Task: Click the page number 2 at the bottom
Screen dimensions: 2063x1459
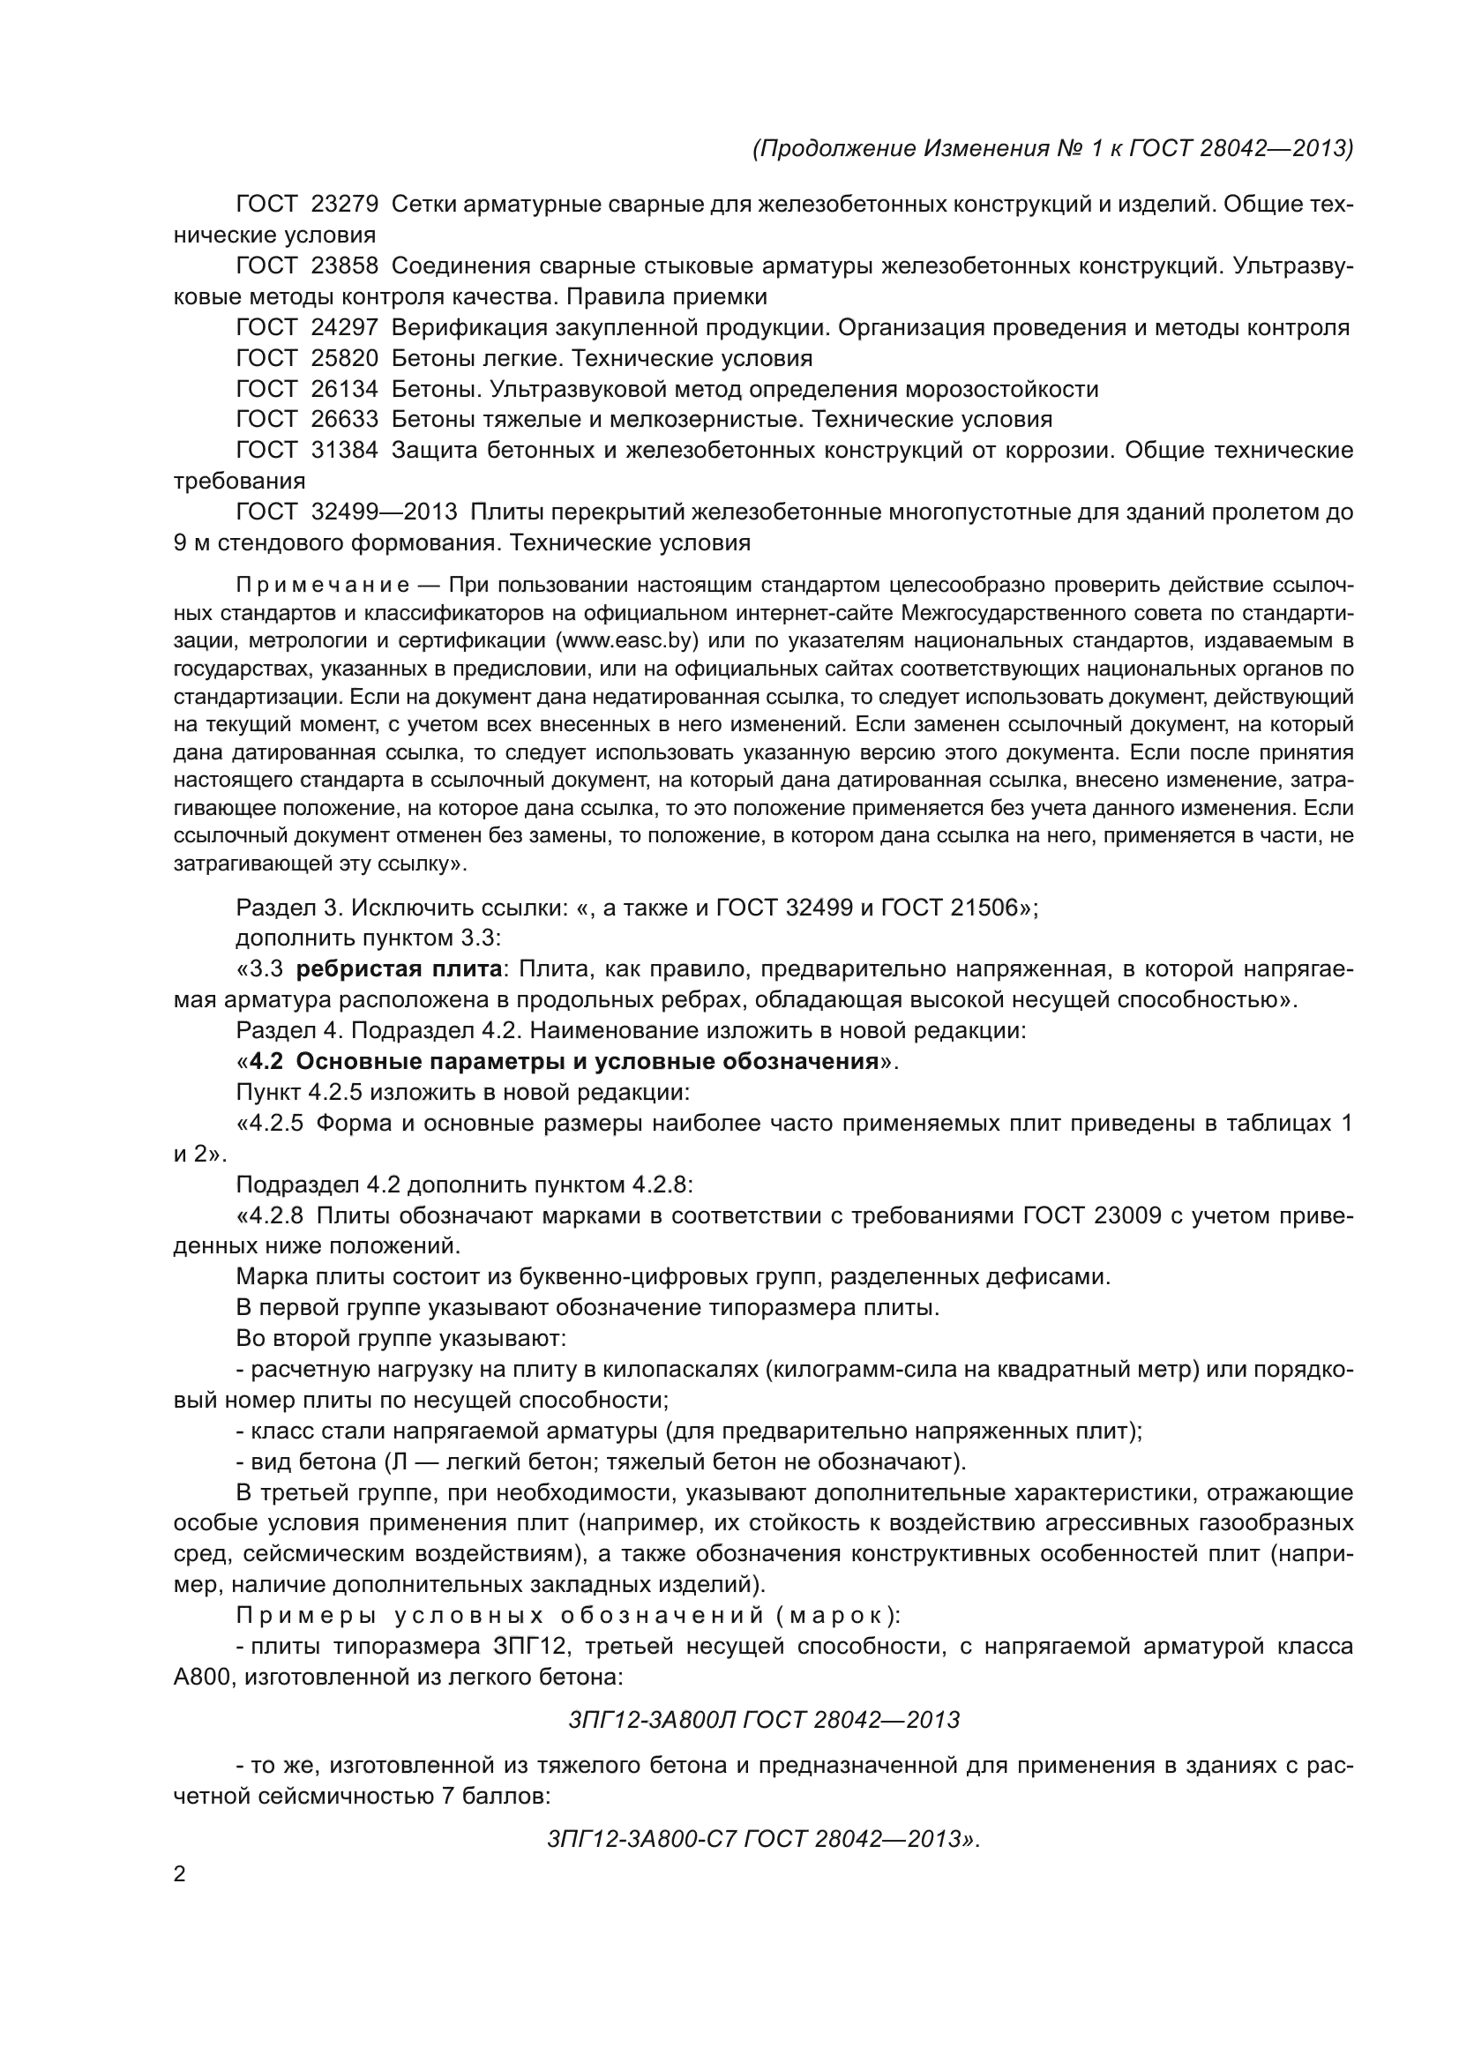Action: point(180,1874)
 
